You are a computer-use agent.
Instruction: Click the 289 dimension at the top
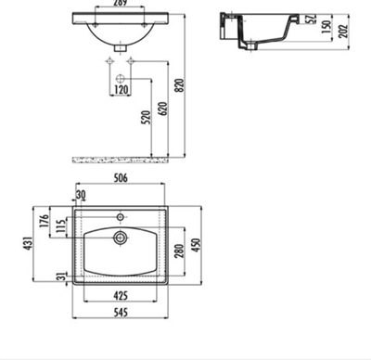pos(118,4)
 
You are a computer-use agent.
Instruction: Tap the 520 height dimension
pos(147,119)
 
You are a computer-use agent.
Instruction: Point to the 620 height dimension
pos(164,108)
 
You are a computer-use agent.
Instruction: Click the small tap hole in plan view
pos(120,218)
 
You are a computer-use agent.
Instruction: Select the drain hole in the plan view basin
pos(120,238)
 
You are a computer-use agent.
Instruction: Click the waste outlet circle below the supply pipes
pos(120,83)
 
